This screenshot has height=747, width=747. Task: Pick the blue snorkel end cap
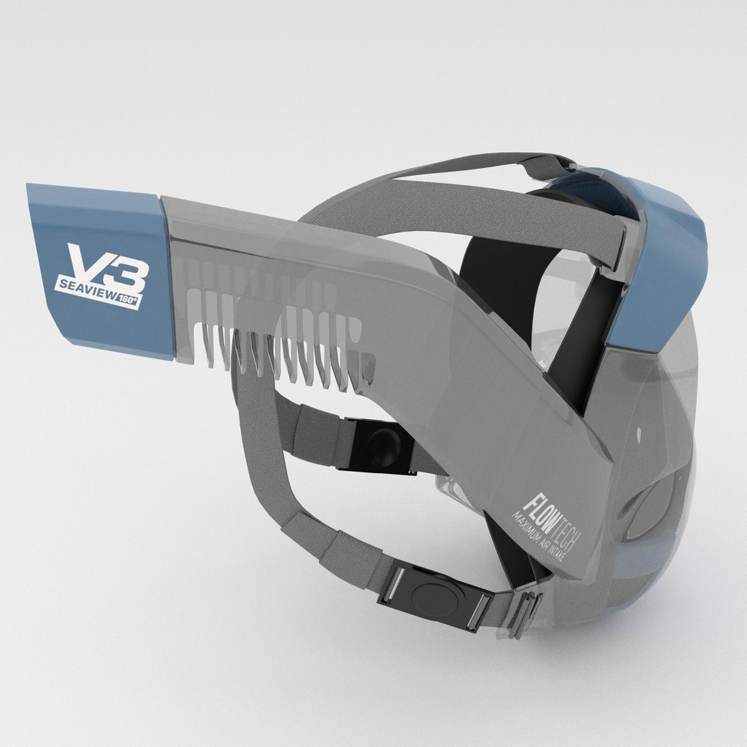coord(97,270)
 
